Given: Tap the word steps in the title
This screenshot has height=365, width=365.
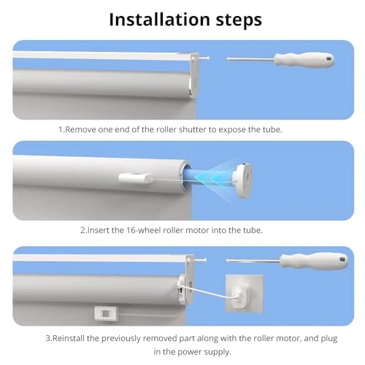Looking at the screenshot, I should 231,19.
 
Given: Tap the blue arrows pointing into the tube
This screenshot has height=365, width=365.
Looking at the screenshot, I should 212,175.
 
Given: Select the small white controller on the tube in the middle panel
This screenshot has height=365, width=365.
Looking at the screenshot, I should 134,177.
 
